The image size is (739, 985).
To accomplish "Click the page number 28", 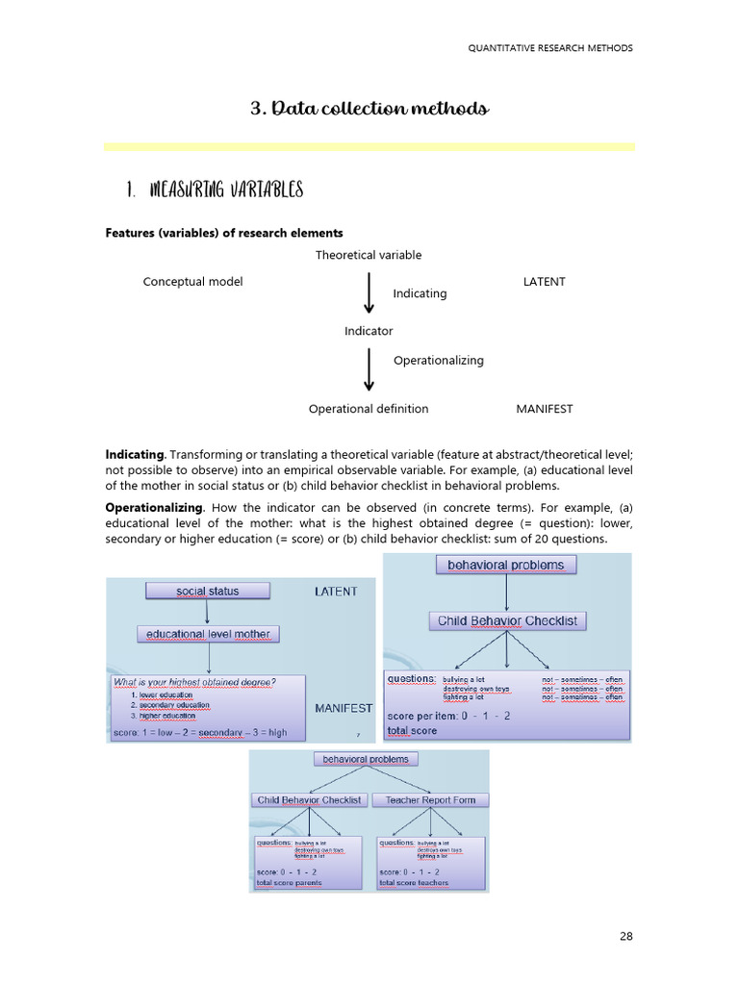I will tap(625, 935).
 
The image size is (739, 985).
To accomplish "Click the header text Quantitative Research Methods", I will tap(550, 48).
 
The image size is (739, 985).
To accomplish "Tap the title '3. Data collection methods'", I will tap(369, 109).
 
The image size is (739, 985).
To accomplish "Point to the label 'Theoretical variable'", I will tap(369, 255).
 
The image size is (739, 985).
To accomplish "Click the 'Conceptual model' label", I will tap(192, 282).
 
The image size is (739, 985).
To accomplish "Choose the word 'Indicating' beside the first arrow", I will tap(420, 293).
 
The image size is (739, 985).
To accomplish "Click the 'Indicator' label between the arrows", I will tap(369, 331).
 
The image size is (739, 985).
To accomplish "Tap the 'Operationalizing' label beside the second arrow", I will tap(438, 361).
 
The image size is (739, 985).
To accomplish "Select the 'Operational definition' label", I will tap(369, 409).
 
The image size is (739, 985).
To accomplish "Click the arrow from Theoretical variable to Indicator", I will tap(369, 292).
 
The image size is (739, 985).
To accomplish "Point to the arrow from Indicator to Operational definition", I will tap(369, 369).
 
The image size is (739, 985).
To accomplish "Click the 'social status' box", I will tap(208, 591).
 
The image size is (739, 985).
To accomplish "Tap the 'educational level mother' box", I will tap(208, 634).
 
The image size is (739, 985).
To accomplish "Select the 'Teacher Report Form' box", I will tap(430, 799).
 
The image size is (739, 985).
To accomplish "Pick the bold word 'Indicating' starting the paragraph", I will tap(136, 454).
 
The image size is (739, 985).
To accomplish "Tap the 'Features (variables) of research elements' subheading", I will tap(223, 233).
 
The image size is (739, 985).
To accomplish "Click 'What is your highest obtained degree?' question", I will tap(194, 683).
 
